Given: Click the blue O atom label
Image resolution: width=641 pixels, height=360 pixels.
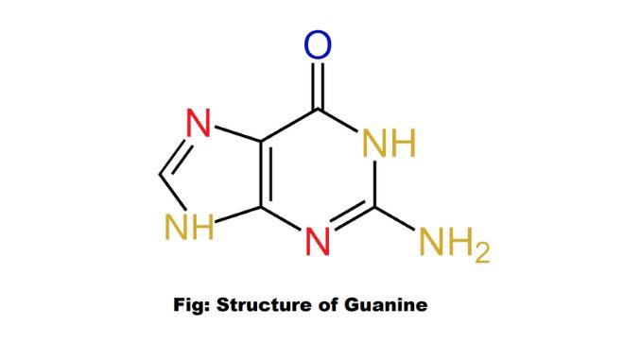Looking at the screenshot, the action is [x=320, y=44].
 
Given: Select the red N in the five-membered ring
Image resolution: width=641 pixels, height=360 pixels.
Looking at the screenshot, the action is [x=198, y=124].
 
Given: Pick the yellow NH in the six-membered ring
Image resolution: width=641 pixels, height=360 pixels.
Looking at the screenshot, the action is [x=390, y=145].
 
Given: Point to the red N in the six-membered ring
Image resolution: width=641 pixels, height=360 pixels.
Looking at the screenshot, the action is [x=320, y=243].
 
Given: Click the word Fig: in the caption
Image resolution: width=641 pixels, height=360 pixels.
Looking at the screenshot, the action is [x=193, y=305].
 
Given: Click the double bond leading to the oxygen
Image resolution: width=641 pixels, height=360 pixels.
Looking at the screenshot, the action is [x=320, y=85].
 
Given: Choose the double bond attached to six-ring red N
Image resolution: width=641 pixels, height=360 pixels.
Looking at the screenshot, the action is [x=350, y=225].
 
